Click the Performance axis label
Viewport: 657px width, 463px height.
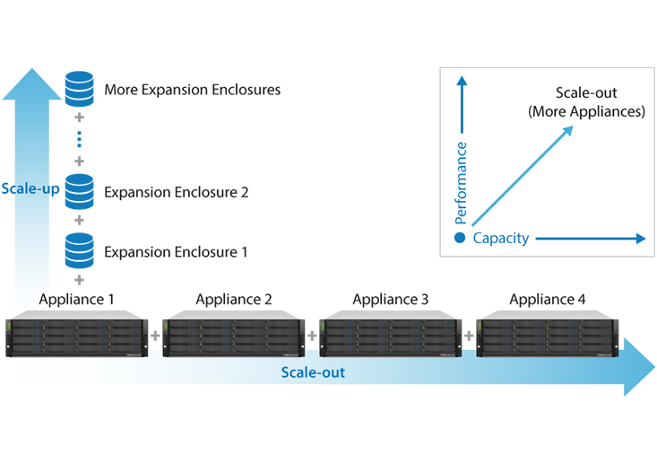coord(462,182)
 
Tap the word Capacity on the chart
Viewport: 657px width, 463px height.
coord(500,239)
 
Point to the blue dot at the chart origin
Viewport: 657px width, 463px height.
coord(459,239)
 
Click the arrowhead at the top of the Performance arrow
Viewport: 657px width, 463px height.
coord(462,82)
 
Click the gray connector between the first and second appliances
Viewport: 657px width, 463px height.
coord(154,334)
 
